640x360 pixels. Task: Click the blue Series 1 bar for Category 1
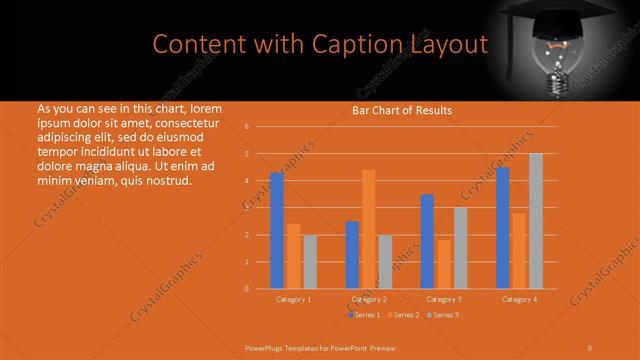pyautogui.click(x=276, y=230)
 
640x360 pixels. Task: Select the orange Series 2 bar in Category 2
pyautogui.click(x=369, y=229)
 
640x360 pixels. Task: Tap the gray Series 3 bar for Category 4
pyautogui.click(x=536, y=221)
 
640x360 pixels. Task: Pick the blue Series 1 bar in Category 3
pyautogui.click(x=427, y=241)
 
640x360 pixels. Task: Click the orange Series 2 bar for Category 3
pyautogui.click(x=444, y=264)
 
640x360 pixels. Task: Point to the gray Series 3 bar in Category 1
pyautogui.click(x=309, y=261)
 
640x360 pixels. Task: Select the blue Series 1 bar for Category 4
pyautogui.click(x=503, y=227)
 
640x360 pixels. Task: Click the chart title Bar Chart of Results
pyautogui.click(x=402, y=110)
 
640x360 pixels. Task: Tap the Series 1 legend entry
pyautogui.click(x=364, y=315)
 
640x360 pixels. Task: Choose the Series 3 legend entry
pyautogui.click(x=444, y=315)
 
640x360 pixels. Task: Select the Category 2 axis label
pyautogui.click(x=369, y=299)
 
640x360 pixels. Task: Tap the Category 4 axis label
pyautogui.click(x=519, y=299)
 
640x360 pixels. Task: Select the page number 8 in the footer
pyautogui.click(x=590, y=347)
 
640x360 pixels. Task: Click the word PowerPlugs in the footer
pyautogui.click(x=266, y=347)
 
